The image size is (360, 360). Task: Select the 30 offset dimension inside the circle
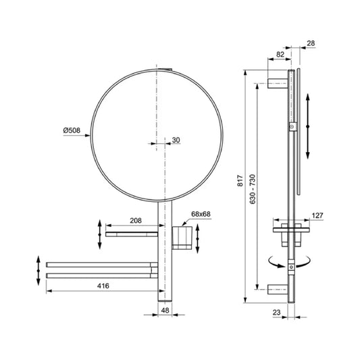176,140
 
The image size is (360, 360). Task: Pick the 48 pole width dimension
166,311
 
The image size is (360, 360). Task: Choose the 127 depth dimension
316,217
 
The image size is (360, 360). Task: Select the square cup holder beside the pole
179,236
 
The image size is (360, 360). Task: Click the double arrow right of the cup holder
197,238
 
